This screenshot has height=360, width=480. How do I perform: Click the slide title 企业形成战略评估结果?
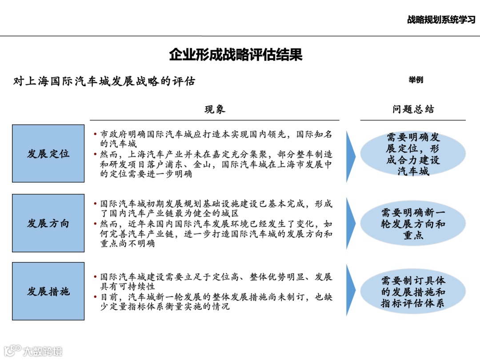(236, 55)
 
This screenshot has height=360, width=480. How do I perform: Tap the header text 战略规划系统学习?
(441, 20)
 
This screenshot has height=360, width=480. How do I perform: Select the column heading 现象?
(215, 109)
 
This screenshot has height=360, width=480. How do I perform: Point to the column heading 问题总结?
(413, 109)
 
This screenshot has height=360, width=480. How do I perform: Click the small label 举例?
(416, 80)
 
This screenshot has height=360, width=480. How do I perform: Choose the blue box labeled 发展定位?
(48, 154)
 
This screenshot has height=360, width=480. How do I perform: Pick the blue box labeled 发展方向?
(48, 223)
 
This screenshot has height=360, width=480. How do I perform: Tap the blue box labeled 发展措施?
(48, 292)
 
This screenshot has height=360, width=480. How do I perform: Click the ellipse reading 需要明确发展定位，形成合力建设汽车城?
(413, 154)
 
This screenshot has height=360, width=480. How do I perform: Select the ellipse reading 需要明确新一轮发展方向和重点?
(413, 223)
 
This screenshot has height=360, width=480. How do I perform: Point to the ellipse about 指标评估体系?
(413, 292)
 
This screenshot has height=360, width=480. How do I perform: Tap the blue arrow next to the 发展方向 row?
(351, 223)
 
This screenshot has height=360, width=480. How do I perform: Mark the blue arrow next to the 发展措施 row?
(351, 291)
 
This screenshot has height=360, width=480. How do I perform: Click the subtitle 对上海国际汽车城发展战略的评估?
(104, 82)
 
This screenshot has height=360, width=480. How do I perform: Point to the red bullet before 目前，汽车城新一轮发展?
(96, 296)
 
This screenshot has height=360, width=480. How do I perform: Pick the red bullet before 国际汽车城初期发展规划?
(96, 204)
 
